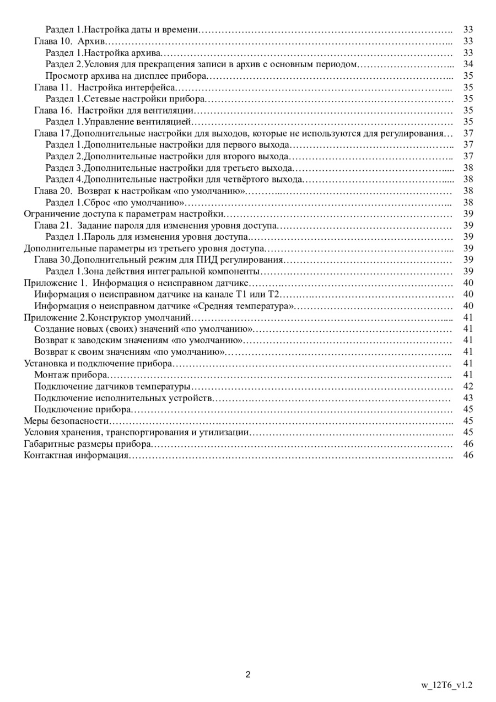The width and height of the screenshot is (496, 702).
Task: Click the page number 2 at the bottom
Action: [x=248, y=674]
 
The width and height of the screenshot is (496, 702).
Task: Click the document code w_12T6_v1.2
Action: [x=447, y=685]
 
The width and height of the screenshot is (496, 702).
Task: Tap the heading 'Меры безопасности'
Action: [x=67, y=421]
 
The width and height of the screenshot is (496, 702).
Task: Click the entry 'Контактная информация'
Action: [x=76, y=455]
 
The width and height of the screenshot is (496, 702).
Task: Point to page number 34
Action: [x=468, y=64]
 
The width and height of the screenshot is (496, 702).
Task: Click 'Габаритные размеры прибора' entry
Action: [x=87, y=444]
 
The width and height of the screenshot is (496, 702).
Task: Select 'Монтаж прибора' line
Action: [x=71, y=375]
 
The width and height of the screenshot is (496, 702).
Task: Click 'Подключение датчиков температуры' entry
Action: [x=112, y=386]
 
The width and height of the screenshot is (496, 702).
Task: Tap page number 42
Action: [x=468, y=386]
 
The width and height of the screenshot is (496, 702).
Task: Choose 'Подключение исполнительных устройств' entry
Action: [x=123, y=398]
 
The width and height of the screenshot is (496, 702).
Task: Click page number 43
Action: [x=468, y=398]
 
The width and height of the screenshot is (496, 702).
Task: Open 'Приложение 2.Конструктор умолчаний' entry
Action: [x=107, y=317]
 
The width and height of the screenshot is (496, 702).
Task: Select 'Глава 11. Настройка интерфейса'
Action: [x=105, y=87]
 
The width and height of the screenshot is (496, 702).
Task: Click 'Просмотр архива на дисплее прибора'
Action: [x=126, y=76]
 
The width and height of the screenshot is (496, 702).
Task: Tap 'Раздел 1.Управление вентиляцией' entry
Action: [x=118, y=122]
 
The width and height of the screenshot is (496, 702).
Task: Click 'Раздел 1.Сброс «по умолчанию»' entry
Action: [x=115, y=202]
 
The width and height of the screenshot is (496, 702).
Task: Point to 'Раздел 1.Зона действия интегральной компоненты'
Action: [x=152, y=271]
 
